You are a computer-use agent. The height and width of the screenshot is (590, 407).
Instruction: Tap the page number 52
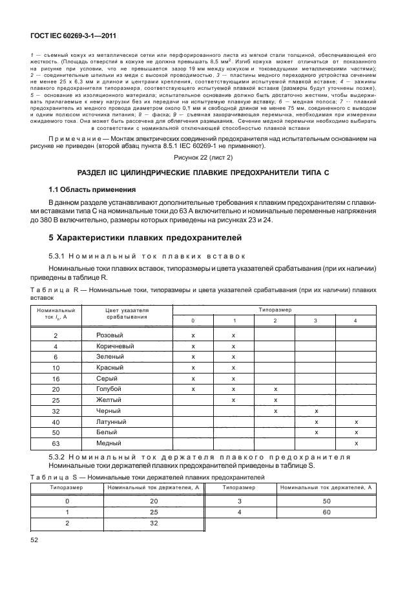(x=36, y=539)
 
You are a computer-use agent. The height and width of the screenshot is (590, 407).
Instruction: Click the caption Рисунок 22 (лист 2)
(x=203, y=158)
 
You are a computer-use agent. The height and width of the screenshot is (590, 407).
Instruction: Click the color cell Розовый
(x=110, y=335)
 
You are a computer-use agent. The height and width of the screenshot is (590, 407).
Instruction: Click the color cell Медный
(x=109, y=443)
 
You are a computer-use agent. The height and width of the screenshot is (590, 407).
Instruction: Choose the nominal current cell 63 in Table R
(x=56, y=443)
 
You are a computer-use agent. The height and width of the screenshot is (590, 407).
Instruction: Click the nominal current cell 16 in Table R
(x=56, y=378)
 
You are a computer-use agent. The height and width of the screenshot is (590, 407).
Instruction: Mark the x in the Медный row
(x=356, y=443)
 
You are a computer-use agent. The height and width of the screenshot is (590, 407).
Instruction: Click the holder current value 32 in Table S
(x=154, y=523)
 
